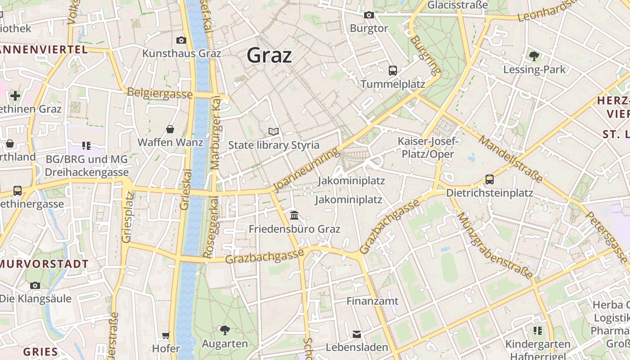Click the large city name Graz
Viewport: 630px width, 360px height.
point(269,55)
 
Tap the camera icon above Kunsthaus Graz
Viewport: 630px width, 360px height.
point(181,40)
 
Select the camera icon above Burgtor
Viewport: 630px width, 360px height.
point(369,15)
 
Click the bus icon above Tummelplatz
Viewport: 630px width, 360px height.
point(393,70)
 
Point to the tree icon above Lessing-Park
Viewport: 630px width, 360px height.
point(534,56)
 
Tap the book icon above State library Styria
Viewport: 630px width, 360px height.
point(274,131)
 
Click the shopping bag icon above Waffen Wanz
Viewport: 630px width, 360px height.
point(170,129)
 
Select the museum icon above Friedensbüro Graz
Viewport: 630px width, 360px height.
point(294,215)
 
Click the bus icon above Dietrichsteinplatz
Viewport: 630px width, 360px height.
point(490,179)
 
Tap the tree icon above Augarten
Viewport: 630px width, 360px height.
point(225,330)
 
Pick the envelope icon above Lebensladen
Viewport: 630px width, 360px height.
point(357,334)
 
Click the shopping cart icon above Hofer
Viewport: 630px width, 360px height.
point(166,335)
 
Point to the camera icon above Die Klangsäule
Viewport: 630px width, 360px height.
point(35,285)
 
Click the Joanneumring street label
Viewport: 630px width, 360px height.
point(306,170)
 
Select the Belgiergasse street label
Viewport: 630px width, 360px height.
point(160,93)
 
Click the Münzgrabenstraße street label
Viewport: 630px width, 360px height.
point(495,245)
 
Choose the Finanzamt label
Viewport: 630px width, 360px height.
point(372,301)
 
